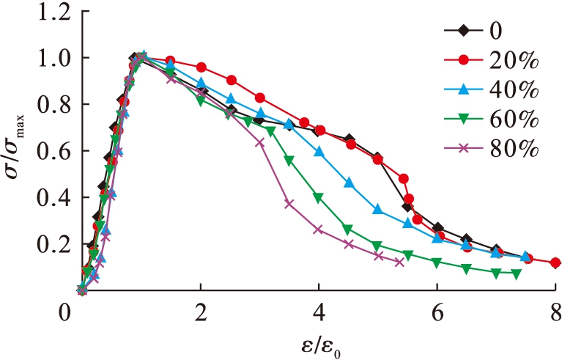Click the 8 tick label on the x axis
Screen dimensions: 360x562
[x=555, y=310]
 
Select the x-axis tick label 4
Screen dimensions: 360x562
[x=319, y=310]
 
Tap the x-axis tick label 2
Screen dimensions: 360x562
[x=200, y=310]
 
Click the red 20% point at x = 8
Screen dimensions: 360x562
[x=555, y=262]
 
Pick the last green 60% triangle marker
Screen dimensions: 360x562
[x=516, y=274]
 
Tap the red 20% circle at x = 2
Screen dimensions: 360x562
[x=201, y=67]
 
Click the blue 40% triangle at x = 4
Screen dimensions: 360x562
[x=319, y=152]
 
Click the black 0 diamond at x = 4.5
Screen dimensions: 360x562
[x=349, y=139]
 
